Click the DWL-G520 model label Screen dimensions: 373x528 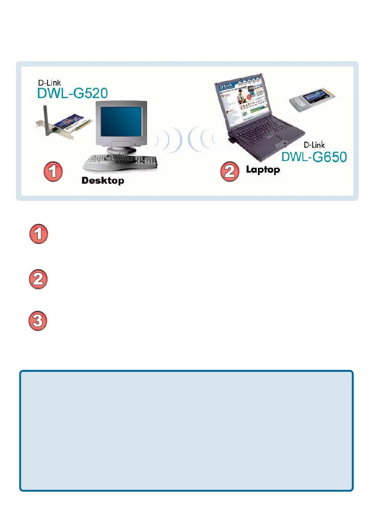(72, 94)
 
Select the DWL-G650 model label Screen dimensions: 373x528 (315, 157)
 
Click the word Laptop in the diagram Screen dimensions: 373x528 (263, 169)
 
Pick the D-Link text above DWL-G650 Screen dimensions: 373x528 (314, 145)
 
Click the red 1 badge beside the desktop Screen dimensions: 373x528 (52, 172)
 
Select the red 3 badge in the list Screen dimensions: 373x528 (39, 321)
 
